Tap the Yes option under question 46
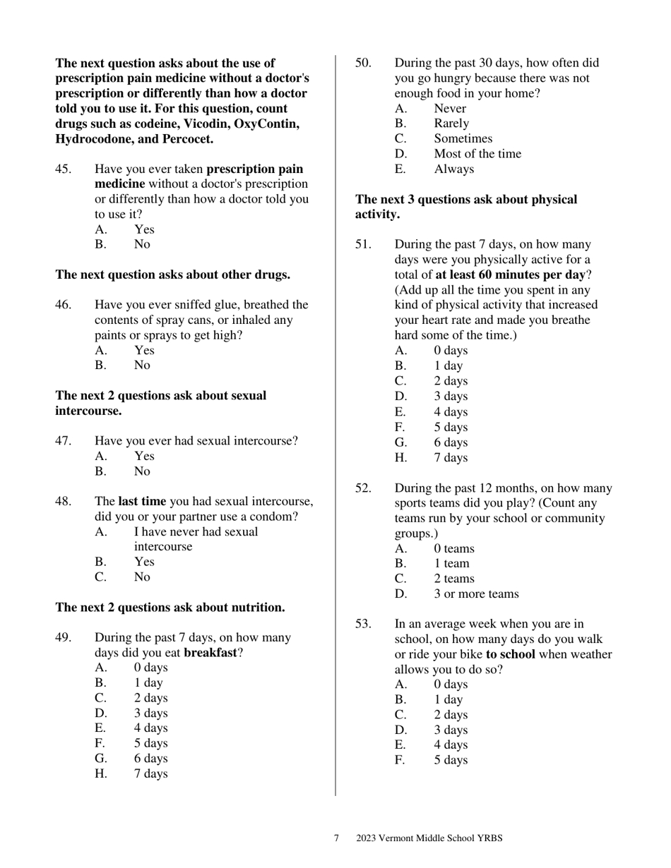point(144,350)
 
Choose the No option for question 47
point(142,471)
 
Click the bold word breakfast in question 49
point(210,653)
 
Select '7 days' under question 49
point(151,773)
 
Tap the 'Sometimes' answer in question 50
point(463,139)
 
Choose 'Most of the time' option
point(477,154)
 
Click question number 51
point(363,245)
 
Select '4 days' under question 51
point(451,412)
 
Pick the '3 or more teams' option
point(476,594)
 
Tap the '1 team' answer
point(451,564)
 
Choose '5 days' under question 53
point(451,760)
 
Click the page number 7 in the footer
point(336,838)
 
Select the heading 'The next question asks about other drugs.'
point(172,275)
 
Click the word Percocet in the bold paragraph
point(187,139)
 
